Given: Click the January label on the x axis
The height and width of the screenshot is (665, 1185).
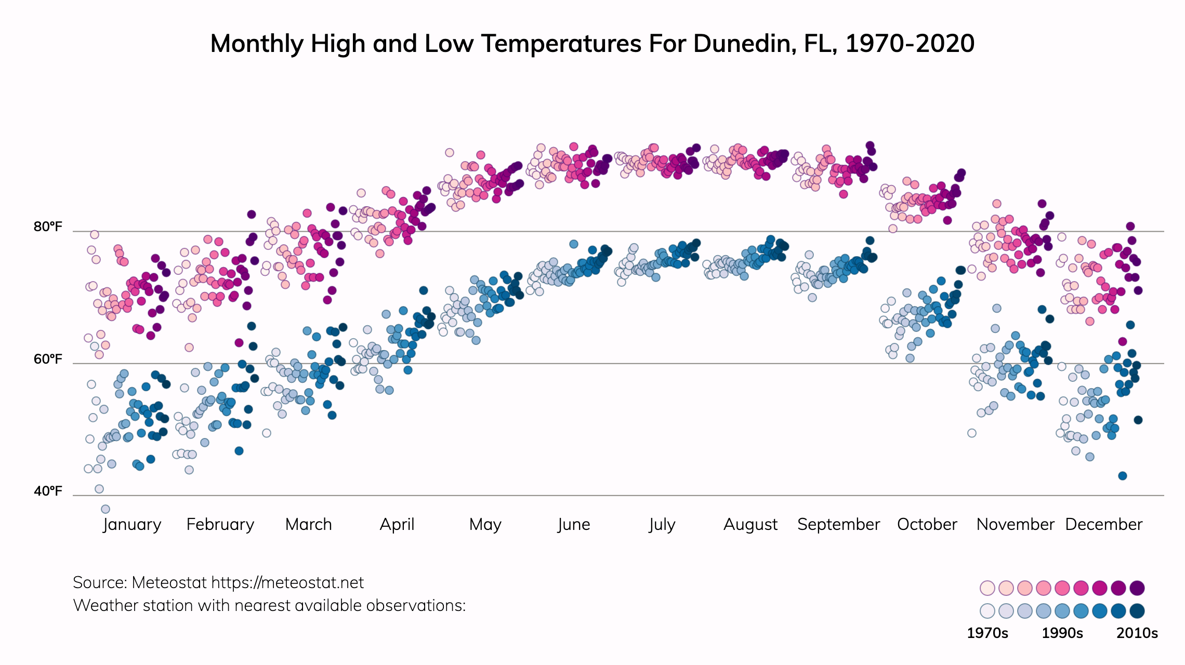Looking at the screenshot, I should (132, 524).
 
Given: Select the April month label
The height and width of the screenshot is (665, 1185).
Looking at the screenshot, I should (397, 524).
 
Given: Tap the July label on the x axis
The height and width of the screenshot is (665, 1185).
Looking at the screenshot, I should (662, 524).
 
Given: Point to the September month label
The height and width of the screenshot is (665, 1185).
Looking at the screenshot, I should (838, 524).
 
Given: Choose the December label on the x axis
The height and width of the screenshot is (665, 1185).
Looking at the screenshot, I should (1103, 524).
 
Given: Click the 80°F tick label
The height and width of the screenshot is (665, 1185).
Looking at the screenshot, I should (48, 227).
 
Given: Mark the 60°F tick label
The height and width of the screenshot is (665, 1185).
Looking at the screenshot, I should (48, 359).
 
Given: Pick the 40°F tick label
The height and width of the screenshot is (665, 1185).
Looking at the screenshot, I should (48, 491).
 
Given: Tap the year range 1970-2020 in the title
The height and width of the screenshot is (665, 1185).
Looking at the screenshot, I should (910, 44).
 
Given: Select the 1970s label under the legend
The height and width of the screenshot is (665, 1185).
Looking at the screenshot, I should (987, 633).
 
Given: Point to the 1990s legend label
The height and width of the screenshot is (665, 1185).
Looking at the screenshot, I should (1062, 633).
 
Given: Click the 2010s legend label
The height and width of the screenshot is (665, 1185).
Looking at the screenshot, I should (1137, 633).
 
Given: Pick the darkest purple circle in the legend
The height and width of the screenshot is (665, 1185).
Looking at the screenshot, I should (1137, 588).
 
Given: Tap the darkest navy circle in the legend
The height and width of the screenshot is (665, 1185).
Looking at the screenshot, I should (1137, 610).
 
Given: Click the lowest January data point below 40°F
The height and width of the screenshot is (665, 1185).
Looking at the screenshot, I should (106, 509).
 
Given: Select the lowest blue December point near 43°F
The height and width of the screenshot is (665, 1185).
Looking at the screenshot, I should (1123, 476).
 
